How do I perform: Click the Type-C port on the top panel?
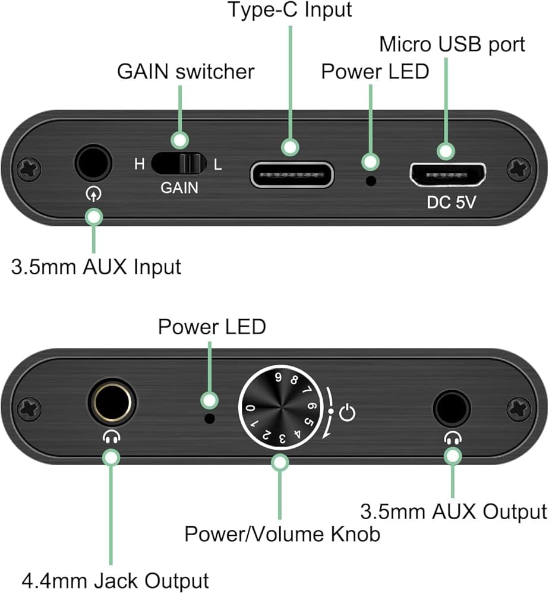tap(292, 175)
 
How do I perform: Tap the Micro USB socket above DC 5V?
tap(447, 175)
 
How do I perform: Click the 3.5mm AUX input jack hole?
tap(93, 163)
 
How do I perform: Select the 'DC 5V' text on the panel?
tap(452, 203)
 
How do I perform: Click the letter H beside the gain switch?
tap(139, 165)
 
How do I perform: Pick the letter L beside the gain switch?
tap(217, 165)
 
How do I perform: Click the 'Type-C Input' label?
tap(292, 10)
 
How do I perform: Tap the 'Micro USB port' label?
tap(452, 45)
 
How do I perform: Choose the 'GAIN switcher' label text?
tap(185, 72)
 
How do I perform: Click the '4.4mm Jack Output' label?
tap(115, 580)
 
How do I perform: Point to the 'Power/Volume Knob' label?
tap(282, 534)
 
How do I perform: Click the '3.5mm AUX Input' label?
tap(96, 267)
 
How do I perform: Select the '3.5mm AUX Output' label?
tap(453, 511)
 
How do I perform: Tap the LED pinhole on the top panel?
tap(372, 180)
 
